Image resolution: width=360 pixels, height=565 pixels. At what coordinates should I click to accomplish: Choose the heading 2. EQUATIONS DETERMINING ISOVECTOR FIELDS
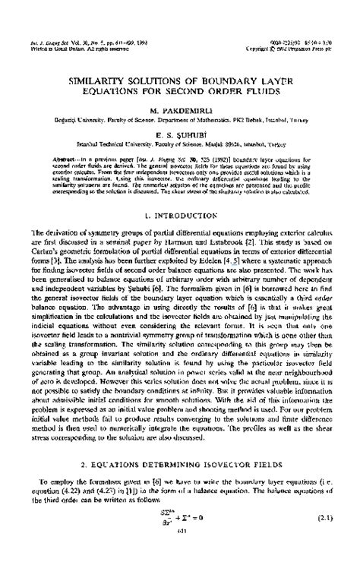coord(180,483)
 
